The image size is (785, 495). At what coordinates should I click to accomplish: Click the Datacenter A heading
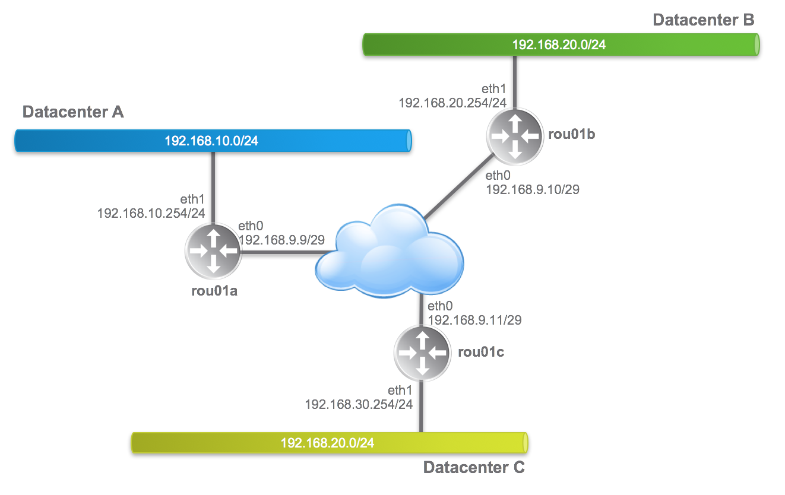click(x=73, y=112)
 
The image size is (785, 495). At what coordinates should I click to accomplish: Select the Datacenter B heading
click(x=703, y=20)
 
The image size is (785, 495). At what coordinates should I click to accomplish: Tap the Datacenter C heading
click(x=474, y=468)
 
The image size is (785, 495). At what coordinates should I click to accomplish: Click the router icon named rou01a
click(x=214, y=251)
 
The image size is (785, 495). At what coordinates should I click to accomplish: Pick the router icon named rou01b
click(x=515, y=135)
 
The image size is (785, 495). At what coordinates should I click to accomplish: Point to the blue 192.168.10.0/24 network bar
click(x=213, y=141)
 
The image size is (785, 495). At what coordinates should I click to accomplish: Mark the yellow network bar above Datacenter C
click(x=328, y=443)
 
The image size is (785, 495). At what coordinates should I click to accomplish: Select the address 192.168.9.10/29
click(x=533, y=189)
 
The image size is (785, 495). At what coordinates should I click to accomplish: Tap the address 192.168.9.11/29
click(x=474, y=320)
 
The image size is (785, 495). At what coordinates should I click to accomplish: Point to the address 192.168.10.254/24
click(x=151, y=212)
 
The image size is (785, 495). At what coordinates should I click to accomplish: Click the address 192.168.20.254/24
click(x=452, y=103)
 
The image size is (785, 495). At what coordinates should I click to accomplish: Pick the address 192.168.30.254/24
click(x=358, y=404)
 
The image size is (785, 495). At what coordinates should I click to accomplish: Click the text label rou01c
click(x=482, y=352)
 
